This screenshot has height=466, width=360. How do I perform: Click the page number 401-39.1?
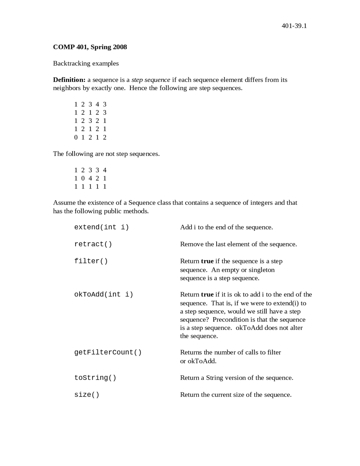pyautogui.click(x=294, y=26)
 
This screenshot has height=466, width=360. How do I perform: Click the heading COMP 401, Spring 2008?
pyautogui.click(x=90, y=47)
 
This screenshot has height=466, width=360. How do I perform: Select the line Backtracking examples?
pyautogui.click(x=86, y=63)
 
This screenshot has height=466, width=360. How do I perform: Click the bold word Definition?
pyautogui.click(x=69, y=80)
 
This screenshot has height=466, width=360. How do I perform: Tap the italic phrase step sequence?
pyautogui.click(x=150, y=80)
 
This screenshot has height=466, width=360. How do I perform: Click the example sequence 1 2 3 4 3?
pyautogui.click(x=90, y=104)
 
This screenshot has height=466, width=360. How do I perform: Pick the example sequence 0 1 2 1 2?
pyautogui.click(x=90, y=137)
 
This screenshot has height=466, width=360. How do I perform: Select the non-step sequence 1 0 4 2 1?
pyautogui.click(x=90, y=178)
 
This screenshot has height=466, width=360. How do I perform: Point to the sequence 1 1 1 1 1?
pyautogui.click(x=90, y=186)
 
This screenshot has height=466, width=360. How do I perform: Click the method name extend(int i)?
pyautogui.click(x=102, y=227)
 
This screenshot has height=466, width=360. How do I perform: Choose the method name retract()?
pyautogui.click(x=93, y=244)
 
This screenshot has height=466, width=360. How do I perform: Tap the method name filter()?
pyautogui.click(x=91, y=261)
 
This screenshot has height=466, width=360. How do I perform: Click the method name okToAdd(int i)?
pyautogui.click(x=103, y=294)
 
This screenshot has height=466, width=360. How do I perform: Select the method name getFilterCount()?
pyautogui.click(x=108, y=352)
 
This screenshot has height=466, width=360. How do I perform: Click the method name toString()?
pyautogui.click(x=95, y=378)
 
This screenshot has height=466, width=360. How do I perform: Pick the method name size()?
pyautogui.click(x=87, y=395)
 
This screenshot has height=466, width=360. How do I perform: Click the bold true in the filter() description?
pyautogui.click(x=207, y=261)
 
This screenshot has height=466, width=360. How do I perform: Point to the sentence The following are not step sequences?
pyautogui.click(x=106, y=154)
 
